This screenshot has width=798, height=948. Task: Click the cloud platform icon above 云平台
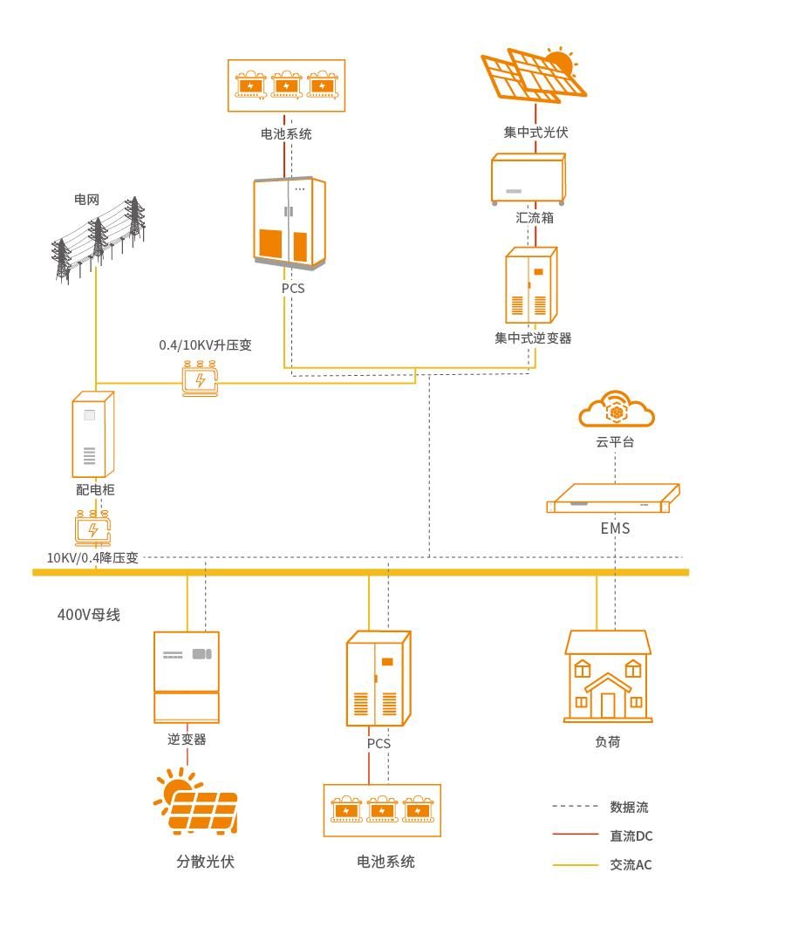pos(617,410)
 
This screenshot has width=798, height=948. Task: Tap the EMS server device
pos(612,500)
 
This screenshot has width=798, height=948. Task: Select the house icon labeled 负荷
pos(608,678)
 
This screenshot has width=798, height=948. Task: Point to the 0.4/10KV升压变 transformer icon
pos(201,379)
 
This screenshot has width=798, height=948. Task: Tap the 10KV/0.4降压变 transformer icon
pos(92,529)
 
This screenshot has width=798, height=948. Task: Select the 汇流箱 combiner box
pos(529,180)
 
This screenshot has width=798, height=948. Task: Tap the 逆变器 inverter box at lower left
pos(187,677)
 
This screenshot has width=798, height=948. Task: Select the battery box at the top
pos(286,85)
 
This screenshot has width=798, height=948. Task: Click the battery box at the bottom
pos(382,810)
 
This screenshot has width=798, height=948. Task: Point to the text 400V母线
pos(89,615)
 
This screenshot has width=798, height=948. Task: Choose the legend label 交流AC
pos(631,865)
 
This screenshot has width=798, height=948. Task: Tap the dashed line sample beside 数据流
pos(576,808)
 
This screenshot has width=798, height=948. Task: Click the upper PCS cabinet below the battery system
pos(290,223)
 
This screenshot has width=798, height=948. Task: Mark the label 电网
pos(86,200)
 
